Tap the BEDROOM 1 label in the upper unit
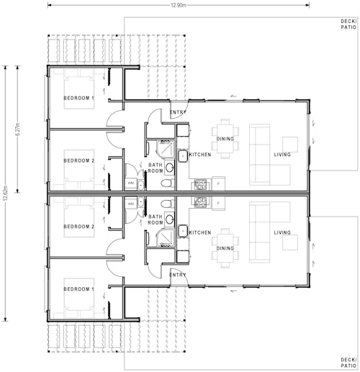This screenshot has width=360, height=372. [x=78, y=98]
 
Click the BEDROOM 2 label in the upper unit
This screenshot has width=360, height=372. [x=78, y=160]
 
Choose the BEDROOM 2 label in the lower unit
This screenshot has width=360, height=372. [x=78, y=227]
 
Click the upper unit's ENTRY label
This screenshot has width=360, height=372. [x=178, y=113]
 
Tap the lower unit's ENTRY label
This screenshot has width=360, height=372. [x=178, y=274]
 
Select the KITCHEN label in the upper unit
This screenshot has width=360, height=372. [x=199, y=155]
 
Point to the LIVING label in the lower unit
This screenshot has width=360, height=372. [x=282, y=232]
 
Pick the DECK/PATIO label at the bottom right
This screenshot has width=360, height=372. [x=348, y=362]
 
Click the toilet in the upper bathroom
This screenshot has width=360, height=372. [x=167, y=183]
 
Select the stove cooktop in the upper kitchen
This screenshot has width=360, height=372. [x=199, y=183]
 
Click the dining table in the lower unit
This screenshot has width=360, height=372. [x=226, y=249]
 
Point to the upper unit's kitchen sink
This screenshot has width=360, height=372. [x=183, y=155]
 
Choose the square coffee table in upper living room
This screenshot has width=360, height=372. [x=290, y=145]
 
